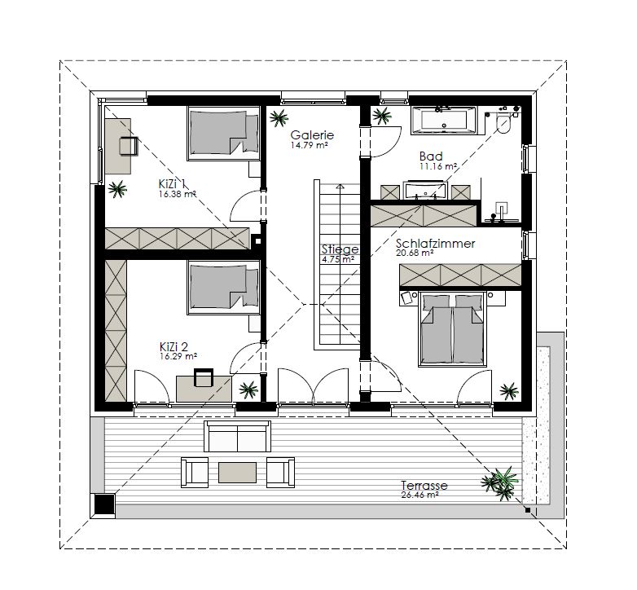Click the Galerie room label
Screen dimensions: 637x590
pyautogui.click(x=312, y=135)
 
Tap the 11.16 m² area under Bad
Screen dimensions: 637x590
pyautogui.click(x=438, y=166)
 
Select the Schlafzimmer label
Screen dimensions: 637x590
pyautogui.click(x=435, y=244)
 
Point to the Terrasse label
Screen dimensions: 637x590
pyautogui.click(x=424, y=485)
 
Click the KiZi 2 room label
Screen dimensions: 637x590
pyautogui.click(x=174, y=346)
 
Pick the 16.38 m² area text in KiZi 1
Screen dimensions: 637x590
pyautogui.click(x=178, y=194)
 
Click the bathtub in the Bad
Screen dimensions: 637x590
pyautogui.click(x=444, y=121)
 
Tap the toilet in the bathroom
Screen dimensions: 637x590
pyautogui.click(x=503, y=124)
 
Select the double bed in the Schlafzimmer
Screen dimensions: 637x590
pyautogui.click(x=453, y=328)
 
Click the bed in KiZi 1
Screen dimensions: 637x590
pyautogui.click(x=223, y=133)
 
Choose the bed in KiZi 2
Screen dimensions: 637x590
pyautogui.click(x=223, y=288)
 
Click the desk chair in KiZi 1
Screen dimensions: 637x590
pyautogui.click(x=129, y=147)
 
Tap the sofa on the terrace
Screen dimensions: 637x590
pyautogui.click(x=237, y=437)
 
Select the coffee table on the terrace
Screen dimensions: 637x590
pyautogui.click(x=237, y=473)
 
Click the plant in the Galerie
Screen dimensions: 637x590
pyautogui.click(x=279, y=118)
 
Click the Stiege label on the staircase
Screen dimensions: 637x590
pyautogui.click(x=340, y=249)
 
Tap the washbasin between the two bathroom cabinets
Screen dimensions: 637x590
pyautogui.click(x=425, y=190)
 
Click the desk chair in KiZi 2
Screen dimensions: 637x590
pyautogui.click(x=204, y=377)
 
